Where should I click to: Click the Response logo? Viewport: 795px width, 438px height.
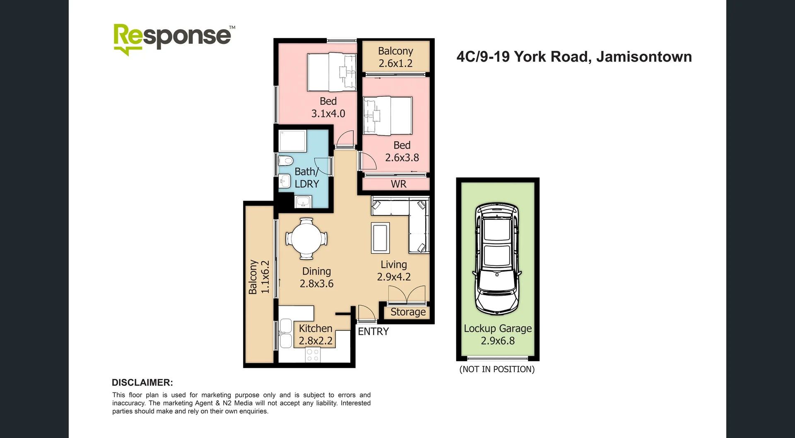[173, 38]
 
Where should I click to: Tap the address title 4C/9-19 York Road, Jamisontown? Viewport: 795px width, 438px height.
[574, 57]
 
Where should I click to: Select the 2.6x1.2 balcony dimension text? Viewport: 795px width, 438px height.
[395, 63]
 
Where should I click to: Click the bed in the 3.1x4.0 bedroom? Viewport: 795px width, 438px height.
[331, 72]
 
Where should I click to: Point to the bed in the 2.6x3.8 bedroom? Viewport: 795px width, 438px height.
[388, 115]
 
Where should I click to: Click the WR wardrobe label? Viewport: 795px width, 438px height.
[398, 184]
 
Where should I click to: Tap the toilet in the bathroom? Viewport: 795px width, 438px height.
[285, 160]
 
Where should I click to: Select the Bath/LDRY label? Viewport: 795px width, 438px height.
[306, 178]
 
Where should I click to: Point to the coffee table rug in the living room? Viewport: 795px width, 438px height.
[380, 237]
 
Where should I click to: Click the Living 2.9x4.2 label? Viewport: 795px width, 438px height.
[393, 270]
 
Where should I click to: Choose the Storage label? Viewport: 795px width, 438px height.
[408, 312]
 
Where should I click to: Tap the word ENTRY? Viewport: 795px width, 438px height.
[373, 331]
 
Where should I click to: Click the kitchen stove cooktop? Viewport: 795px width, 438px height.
[313, 355]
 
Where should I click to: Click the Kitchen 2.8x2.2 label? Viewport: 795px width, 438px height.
[316, 335]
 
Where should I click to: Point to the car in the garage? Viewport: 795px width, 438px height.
[497, 258]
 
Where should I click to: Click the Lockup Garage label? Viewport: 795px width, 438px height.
[498, 328]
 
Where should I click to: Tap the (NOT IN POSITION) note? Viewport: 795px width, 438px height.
[497, 369]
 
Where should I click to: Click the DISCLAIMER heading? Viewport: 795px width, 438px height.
[142, 383]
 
